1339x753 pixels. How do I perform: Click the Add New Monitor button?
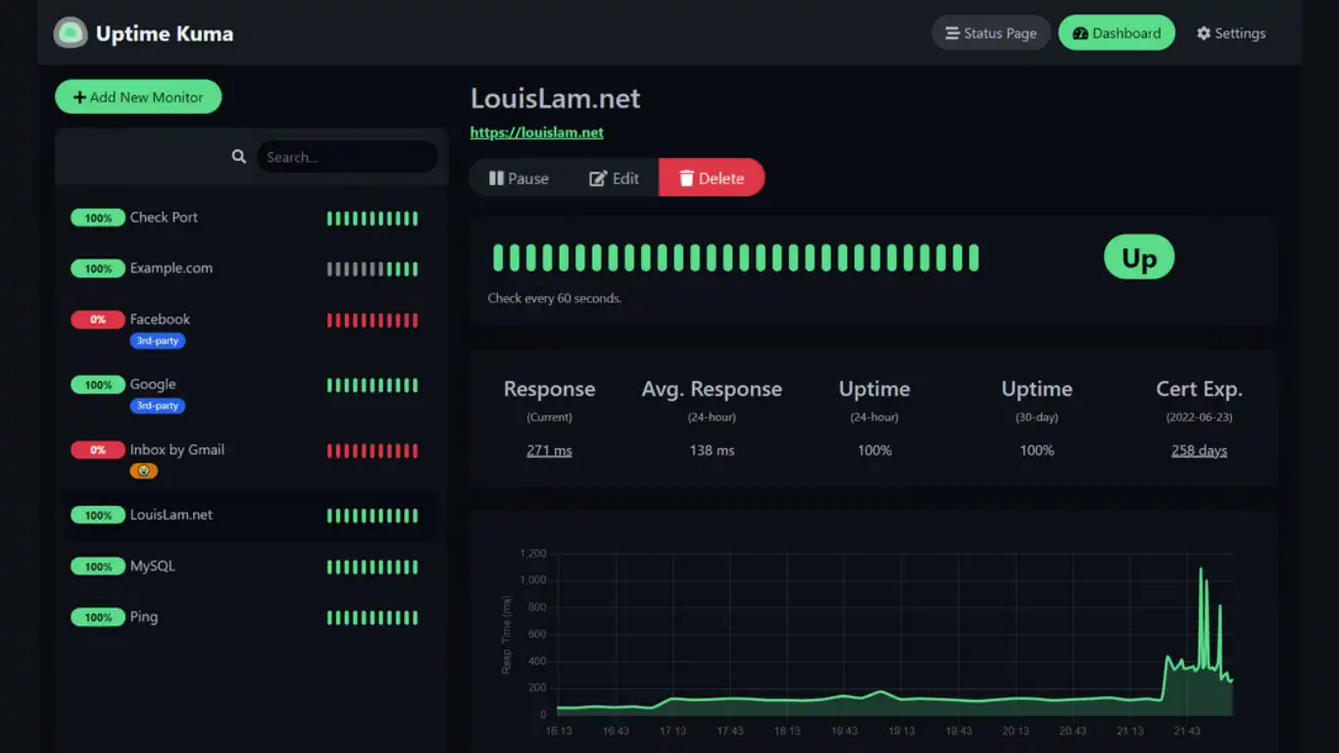(138, 97)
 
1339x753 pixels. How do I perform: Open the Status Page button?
(990, 33)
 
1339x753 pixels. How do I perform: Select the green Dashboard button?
(1116, 33)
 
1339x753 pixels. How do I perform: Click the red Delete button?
(712, 178)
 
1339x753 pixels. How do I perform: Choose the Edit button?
(614, 178)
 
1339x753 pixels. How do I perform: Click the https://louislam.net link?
(536, 132)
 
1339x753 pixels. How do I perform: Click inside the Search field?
(346, 157)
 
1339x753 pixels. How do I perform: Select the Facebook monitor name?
(160, 319)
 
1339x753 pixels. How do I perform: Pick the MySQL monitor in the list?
(152, 566)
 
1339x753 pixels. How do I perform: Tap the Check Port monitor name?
(164, 217)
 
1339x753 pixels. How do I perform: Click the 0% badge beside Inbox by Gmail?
(98, 450)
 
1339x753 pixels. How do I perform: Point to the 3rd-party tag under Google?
(157, 406)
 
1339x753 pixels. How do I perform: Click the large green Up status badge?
(1139, 258)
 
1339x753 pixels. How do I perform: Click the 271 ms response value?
(549, 451)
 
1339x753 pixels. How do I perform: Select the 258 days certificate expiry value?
(1199, 451)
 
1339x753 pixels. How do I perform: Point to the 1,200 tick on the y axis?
(533, 554)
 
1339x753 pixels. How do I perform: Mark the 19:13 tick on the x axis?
(902, 730)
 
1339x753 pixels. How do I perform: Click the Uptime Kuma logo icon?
(70, 33)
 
